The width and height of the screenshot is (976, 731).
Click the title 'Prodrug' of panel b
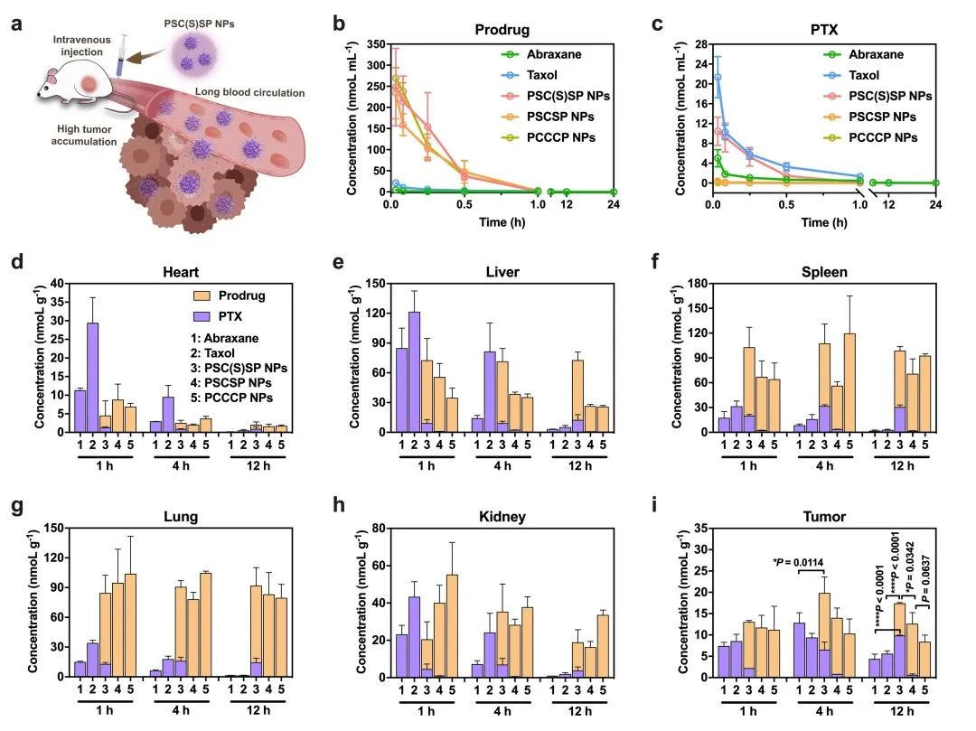(502, 30)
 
